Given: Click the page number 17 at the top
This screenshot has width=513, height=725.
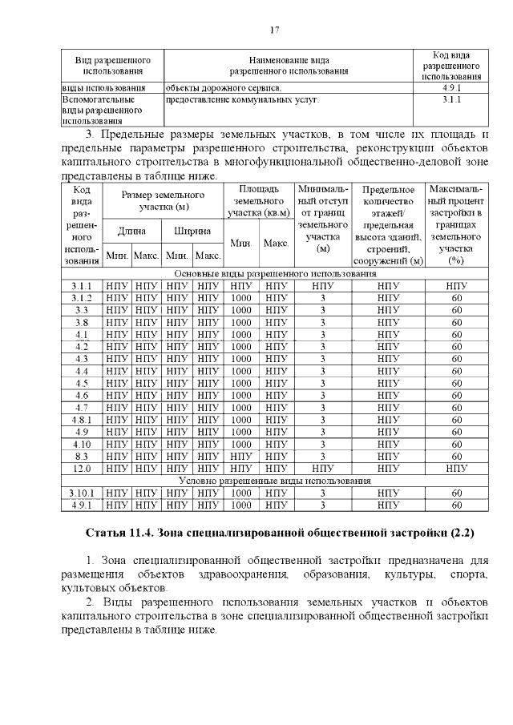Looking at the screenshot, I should click(274, 30).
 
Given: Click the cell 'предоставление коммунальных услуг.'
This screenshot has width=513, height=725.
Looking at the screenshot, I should click(241, 100).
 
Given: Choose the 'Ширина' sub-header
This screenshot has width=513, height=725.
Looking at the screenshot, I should click(192, 231).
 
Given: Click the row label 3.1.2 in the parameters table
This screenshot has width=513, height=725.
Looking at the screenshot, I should click(81, 298).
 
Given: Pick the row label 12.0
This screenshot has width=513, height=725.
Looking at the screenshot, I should click(81, 468).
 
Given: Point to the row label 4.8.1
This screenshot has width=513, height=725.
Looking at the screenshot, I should click(81, 419).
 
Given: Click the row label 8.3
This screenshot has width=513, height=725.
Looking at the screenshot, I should click(81, 456).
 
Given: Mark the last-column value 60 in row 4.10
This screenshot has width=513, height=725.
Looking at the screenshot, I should click(457, 444).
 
